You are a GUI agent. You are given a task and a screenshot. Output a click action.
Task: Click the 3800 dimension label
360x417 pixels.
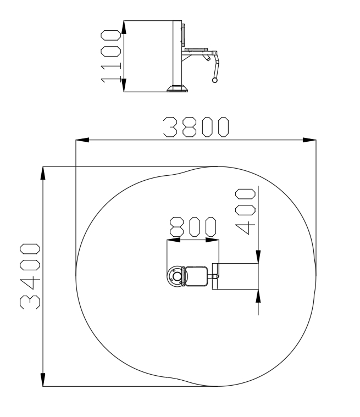196,127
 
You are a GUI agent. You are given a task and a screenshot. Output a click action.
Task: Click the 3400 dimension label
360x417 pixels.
30,276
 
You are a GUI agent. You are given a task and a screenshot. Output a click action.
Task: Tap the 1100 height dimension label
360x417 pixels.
110,57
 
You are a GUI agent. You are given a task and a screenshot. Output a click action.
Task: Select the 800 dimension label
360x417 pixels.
193,227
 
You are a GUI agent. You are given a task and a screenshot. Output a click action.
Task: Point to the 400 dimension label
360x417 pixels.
245,212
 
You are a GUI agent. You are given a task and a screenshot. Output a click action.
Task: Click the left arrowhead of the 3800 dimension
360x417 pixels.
82,140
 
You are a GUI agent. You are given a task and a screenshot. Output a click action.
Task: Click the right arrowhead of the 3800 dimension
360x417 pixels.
309,140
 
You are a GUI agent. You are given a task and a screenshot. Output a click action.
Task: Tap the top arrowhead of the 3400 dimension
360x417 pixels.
43,173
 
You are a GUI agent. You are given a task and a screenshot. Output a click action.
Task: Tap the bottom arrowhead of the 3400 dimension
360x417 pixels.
43,380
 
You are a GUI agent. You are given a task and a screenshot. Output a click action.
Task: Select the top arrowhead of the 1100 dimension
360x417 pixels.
124,27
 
